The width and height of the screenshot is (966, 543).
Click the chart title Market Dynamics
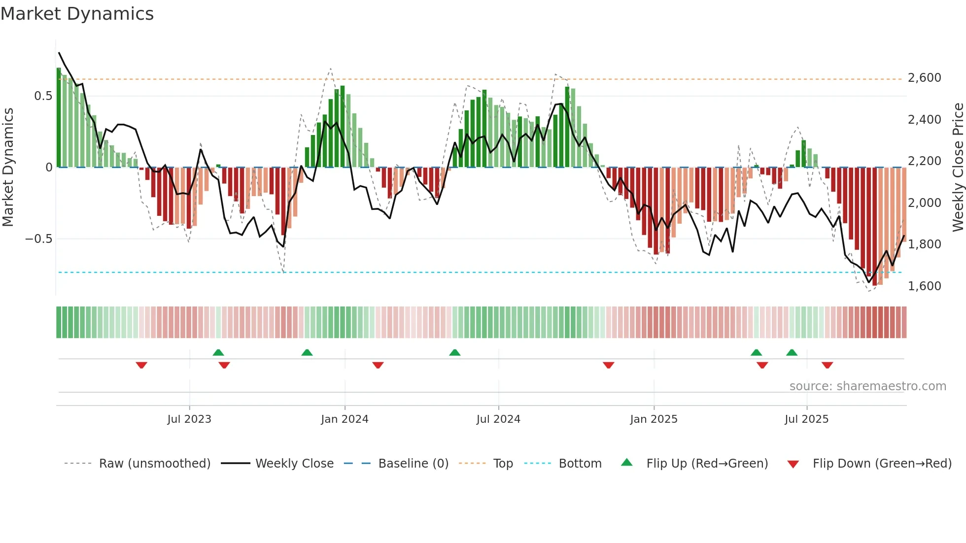77,14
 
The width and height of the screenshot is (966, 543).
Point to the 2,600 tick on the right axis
924,78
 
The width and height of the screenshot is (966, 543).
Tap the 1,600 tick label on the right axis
924,286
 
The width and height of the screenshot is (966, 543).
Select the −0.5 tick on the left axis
38,239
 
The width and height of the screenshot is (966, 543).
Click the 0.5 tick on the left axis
43,96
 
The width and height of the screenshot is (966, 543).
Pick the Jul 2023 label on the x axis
189,419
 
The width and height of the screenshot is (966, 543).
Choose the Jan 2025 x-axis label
654,419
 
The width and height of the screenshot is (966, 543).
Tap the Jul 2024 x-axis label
498,419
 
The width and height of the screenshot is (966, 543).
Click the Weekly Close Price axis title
958,167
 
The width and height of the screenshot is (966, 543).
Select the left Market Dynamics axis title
8,167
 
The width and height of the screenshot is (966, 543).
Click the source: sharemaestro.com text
867,386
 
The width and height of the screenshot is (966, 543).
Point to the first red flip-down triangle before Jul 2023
141,365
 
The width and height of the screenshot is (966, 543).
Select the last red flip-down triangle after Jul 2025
827,365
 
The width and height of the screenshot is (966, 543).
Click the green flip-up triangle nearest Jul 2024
455,352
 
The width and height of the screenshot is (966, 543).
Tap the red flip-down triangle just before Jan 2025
608,365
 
